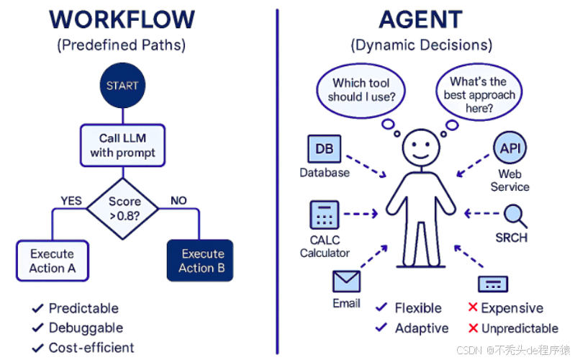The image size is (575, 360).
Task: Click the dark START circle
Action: [122, 86]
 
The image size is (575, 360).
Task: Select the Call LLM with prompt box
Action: [122, 145]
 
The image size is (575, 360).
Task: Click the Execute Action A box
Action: [52, 261]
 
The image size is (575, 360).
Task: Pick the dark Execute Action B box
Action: [200, 260]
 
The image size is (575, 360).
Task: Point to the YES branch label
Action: [71, 201]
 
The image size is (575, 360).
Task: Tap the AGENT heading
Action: [421, 19]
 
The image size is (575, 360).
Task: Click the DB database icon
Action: [324, 150]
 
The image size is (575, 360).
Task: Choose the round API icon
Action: [510, 150]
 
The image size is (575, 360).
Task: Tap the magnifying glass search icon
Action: [514, 215]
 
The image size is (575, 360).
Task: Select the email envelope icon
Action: [346, 282]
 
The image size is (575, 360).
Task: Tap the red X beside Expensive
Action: [473, 307]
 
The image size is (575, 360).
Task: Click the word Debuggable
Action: [86, 328]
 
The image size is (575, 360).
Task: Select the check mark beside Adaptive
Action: [381, 328]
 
